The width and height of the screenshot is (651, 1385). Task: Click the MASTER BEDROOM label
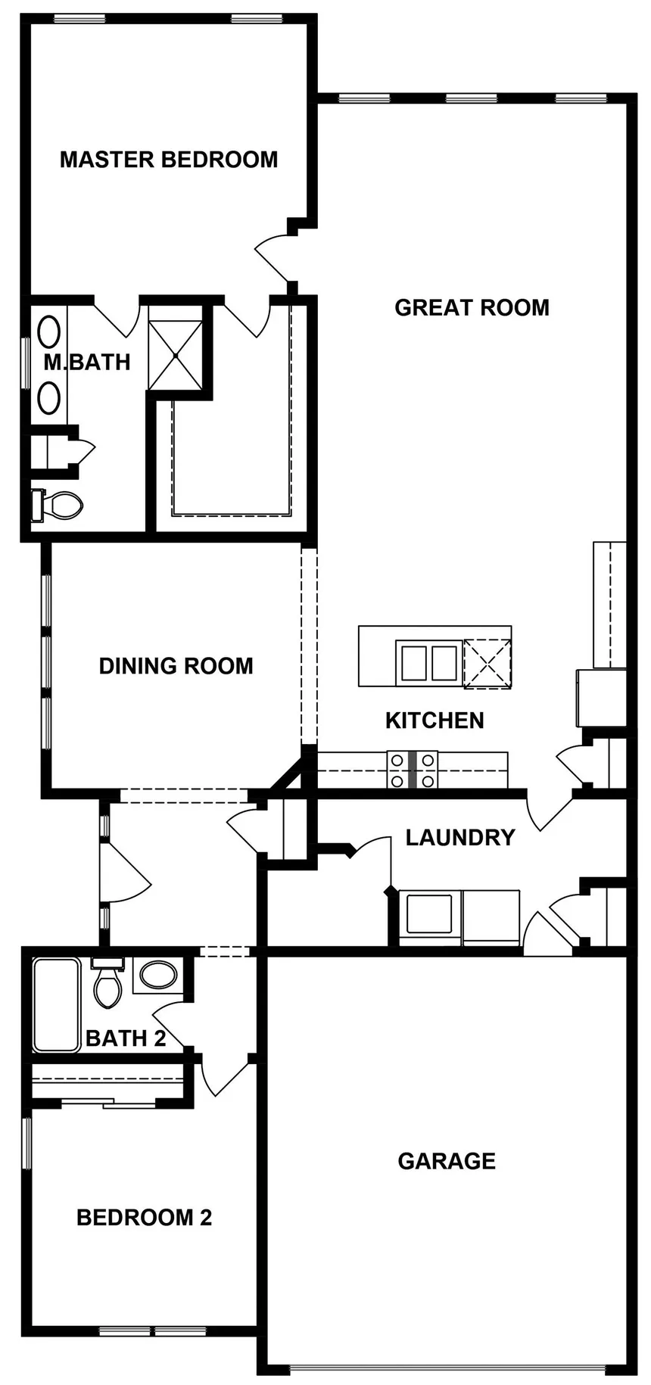tap(169, 160)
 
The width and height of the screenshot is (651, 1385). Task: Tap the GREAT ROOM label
tap(472, 307)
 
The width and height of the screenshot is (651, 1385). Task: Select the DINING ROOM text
tap(176, 666)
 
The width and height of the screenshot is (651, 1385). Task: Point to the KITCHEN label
tap(435, 721)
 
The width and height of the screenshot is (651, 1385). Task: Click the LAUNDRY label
tap(460, 838)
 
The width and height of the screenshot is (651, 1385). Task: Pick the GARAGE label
tap(447, 1161)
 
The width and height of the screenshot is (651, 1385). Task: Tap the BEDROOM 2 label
tap(144, 1218)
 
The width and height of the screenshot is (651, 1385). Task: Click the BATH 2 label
tap(126, 1038)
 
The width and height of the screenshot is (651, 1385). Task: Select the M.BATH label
tap(87, 363)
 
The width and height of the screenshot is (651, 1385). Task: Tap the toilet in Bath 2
tap(107, 982)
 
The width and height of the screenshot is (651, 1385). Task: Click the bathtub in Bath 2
tap(56, 1004)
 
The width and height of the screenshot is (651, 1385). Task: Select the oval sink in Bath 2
tap(157, 975)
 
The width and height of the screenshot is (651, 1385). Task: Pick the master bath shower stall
tap(175, 356)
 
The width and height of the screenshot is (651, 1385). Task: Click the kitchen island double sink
tap(427, 662)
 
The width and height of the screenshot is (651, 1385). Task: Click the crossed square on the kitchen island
tap(487, 664)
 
